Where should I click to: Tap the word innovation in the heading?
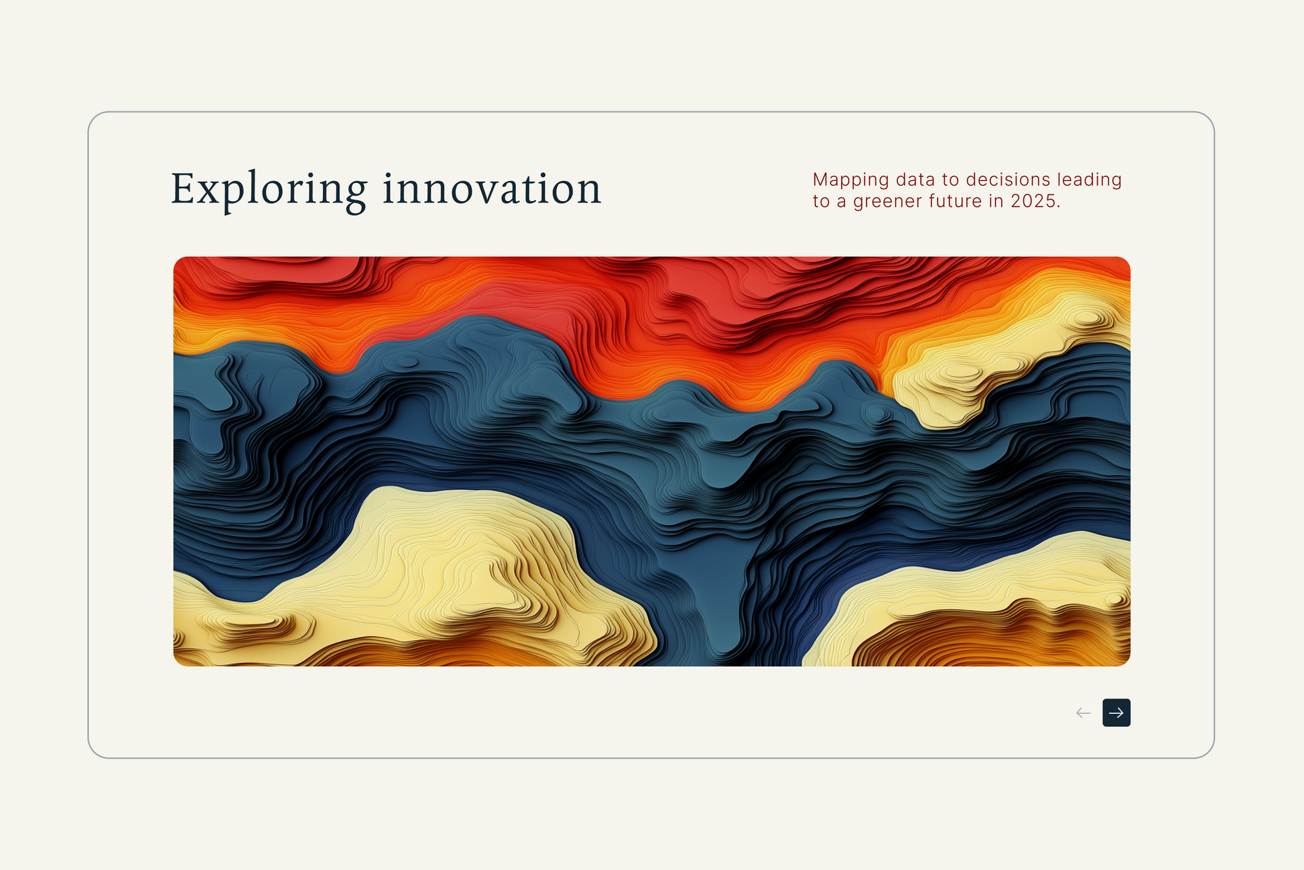(x=492, y=188)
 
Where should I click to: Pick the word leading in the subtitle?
(x=1089, y=181)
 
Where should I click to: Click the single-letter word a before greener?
(x=842, y=203)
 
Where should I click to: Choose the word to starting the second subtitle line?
(x=822, y=202)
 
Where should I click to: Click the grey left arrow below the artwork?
(x=1083, y=712)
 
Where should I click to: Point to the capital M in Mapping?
(x=822, y=180)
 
